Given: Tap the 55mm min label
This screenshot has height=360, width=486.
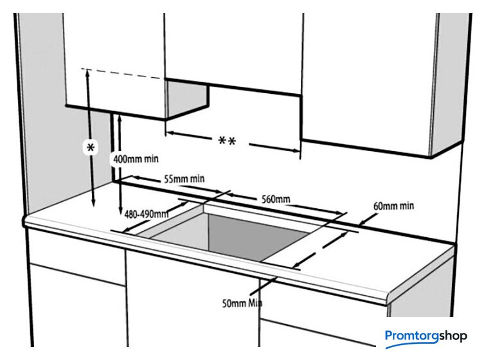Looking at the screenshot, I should (184, 178).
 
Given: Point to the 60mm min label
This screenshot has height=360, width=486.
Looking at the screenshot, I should (393, 206).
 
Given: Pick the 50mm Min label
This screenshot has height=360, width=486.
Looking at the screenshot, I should (242, 302).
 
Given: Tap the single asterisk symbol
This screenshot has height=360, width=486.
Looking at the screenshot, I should (91, 148).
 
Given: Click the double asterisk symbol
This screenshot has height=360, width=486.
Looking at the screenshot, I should (226, 141).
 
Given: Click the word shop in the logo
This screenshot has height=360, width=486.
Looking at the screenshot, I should (457, 335).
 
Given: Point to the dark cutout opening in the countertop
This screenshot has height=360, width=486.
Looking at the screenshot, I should (244, 235).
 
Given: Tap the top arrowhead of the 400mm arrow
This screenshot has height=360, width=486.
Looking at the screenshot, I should (120, 117).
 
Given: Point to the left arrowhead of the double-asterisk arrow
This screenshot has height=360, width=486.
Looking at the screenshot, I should (169, 134).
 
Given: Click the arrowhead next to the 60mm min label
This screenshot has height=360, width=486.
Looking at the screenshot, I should (363, 219).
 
